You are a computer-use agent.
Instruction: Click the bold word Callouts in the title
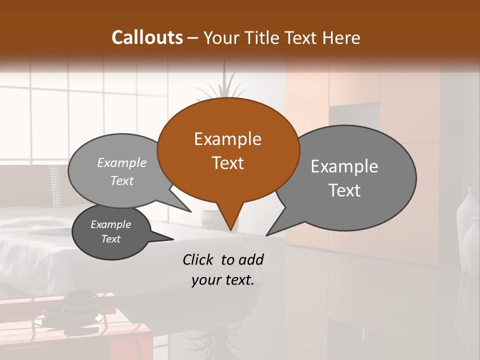[x=147, y=37]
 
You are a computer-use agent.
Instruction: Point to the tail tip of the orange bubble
[x=230, y=230]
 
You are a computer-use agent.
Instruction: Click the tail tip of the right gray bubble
[x=267, y=235]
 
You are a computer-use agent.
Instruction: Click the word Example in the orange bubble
[x=227, y=139]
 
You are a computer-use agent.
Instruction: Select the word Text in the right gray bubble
[x=345, y=190]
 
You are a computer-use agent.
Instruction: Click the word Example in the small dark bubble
[x=110, y=224]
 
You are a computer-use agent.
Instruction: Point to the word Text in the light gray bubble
[x=121, y=181]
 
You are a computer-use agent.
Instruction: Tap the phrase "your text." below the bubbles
[x=222, y=280]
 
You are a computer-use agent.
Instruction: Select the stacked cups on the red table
[x=80, y=305]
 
